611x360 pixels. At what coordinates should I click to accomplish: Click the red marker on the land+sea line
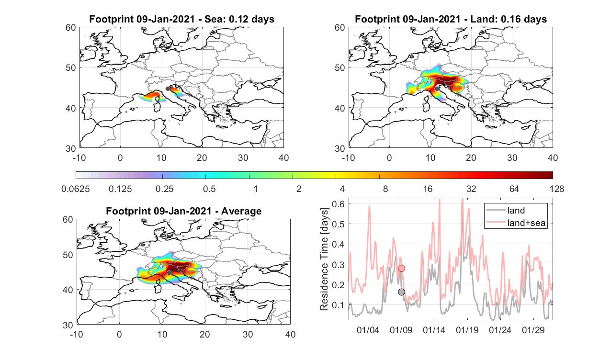pyautogui.click(x=402, y=269)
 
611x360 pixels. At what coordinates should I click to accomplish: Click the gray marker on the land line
pyautogui.click(x=402, y=292)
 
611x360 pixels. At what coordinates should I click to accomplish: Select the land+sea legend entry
pyautogui.click(x=516, y=223)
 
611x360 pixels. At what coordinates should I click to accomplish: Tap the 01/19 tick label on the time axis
pyautogui.click(x=467, y=330)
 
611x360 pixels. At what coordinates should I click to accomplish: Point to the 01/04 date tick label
pyautogui.click(x=368, y=330)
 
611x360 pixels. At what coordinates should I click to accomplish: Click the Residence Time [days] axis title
pyautogui.click(x=324, y=259)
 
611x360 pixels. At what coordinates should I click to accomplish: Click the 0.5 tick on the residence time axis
pyautogui.click(x=338, y=224)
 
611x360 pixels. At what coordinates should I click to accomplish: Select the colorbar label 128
pyautogui.click(x=557, y=189)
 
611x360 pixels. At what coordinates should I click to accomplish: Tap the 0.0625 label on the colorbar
pyautogui.click(x=76, y=189)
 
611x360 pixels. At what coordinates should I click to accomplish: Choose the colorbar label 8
pyautogui.click(x=385, y=189)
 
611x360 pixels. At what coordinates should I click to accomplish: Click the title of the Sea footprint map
pyautogui.click(x=181, y=19)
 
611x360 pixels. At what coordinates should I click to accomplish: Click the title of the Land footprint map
pyautogui.click(x=451, y=19)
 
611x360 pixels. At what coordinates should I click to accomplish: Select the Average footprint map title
pyautogui.click(x=183, y=211)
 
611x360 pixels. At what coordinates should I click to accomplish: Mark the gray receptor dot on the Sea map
pyautogui.click(x=168, y=89)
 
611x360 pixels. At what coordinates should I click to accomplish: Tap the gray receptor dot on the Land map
pyautogui.click(x=437, y=89)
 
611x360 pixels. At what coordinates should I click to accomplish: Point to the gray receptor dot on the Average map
pyautogui.click(x=169, y=273)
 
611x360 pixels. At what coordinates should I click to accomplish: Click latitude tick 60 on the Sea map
pyautogui.click(x=71, y=28)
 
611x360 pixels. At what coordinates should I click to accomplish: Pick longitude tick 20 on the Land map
pyautogui.click(x=471, y=157)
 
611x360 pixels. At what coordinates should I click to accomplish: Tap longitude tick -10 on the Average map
pyautogui.click(x=77, y=334)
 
